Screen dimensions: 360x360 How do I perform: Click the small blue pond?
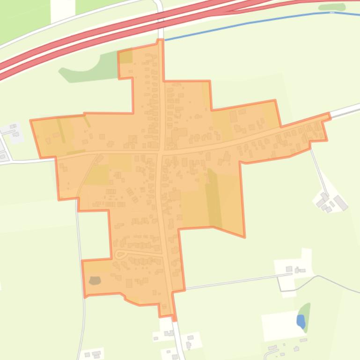[x=301, y=321]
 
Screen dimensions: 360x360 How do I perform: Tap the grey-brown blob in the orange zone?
[x=95, y=281]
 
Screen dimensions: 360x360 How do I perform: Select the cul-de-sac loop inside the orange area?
[x=120, y=254]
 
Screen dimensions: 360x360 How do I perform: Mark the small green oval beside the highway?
[x=331, y=7]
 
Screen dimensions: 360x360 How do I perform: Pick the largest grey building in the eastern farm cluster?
[x=341, y=203]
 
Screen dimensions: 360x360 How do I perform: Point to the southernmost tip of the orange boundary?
[x=175, y=320]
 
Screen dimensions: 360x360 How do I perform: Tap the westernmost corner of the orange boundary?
[x=31, y=121]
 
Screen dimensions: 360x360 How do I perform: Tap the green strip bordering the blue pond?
[x=306, y=310]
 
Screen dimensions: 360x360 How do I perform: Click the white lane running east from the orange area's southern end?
[x=229, y=282]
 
